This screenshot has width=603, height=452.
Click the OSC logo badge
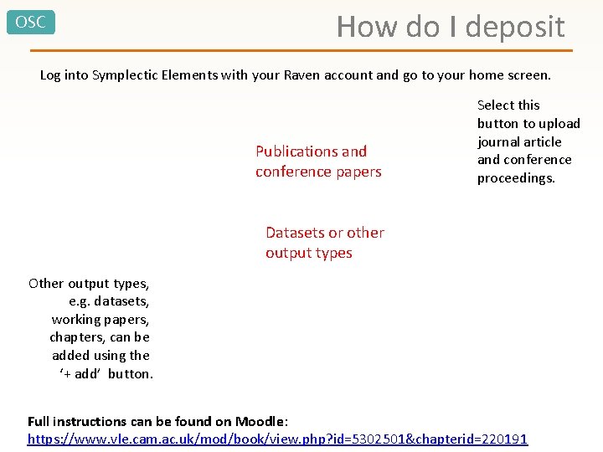tap(31, 22)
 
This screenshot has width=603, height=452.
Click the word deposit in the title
tap(515, 28)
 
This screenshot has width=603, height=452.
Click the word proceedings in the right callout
tap(516, 178)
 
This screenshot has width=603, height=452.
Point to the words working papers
tap(100, 319)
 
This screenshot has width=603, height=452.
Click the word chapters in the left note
tap(77, 337)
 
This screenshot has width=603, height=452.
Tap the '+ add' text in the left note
tap(80, 374)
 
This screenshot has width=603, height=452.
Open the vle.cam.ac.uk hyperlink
tap(276, 439)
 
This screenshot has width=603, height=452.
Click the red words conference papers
tap(318, 172)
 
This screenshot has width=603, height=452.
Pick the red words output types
tap(309, 253)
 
